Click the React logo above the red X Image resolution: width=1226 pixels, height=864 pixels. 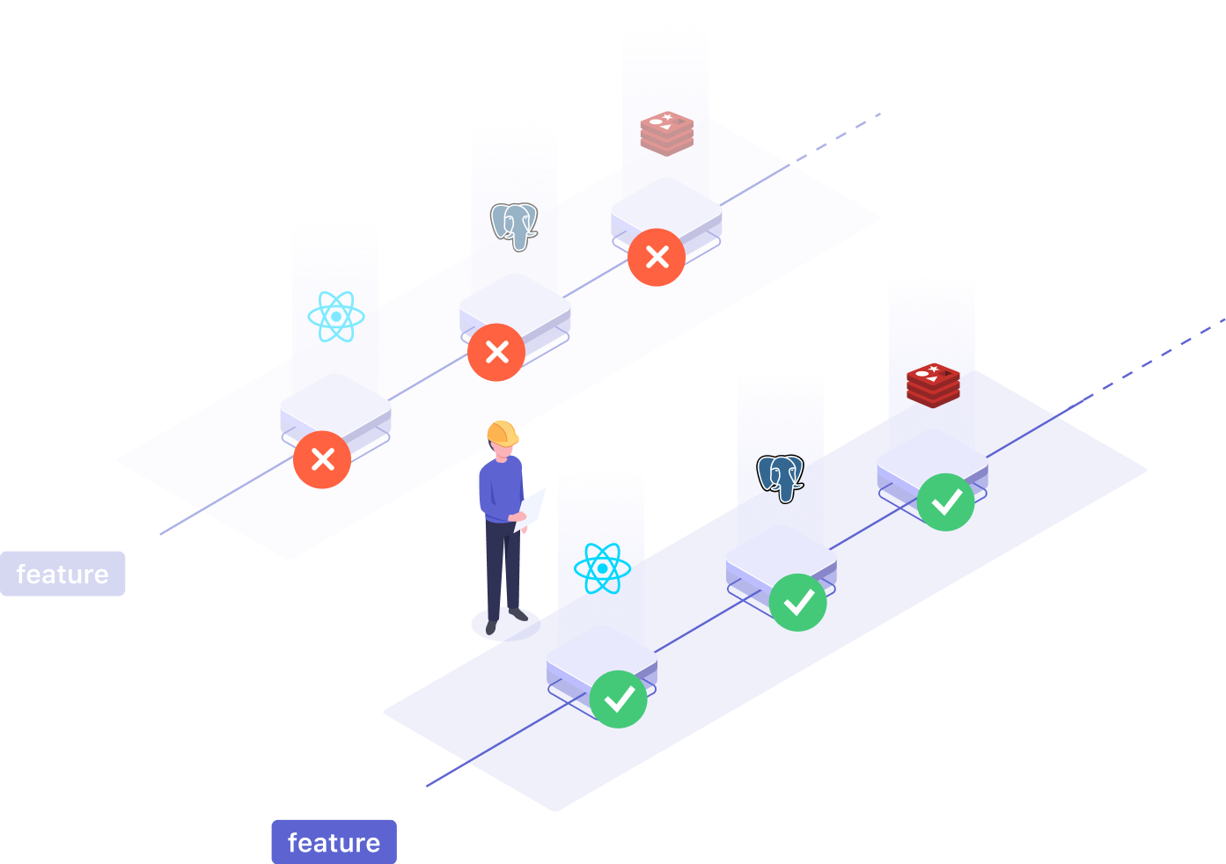(336, 317)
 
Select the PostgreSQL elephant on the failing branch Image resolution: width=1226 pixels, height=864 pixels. (514, 226)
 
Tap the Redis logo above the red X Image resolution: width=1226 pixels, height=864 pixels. (666, 134)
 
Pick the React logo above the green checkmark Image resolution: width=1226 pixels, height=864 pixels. (602, 568)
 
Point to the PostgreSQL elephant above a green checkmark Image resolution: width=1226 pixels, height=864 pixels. (781, 478)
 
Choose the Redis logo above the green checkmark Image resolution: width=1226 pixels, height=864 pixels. (933, 385)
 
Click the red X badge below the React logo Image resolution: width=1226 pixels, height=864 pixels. (322, 459)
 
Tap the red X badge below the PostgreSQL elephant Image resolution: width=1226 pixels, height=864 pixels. (496, 353)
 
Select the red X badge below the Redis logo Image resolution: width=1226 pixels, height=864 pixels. (657, 258)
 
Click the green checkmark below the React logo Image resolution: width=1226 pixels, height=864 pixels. (619, 699)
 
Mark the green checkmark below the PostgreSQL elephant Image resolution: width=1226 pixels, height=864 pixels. (798, 603)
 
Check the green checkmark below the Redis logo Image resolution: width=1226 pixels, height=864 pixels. (946, 502)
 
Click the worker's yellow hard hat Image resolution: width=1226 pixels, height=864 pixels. (502, 432)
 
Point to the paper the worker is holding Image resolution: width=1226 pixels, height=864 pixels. (532, 509)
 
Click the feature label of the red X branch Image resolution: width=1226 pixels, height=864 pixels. (62, 574)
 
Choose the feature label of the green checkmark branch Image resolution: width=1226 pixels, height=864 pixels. (334, 842)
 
